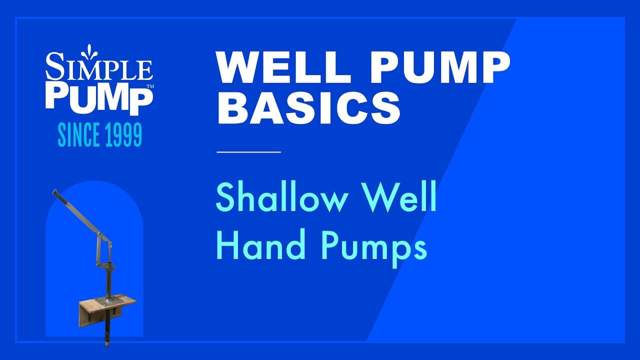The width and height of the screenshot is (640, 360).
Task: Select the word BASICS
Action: [x=308, y=109]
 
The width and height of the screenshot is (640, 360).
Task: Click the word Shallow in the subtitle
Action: [x=283, y=198]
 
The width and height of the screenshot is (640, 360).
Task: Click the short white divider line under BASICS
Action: [x=248, y=151]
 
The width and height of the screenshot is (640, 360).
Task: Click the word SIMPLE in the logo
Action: [x=99, y=70]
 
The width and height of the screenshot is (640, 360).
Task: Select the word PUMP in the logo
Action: [x=98, y=97]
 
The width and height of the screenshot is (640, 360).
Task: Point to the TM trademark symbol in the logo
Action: [x=149, y=87]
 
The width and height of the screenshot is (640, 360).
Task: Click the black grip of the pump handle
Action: [x=56, y=194]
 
